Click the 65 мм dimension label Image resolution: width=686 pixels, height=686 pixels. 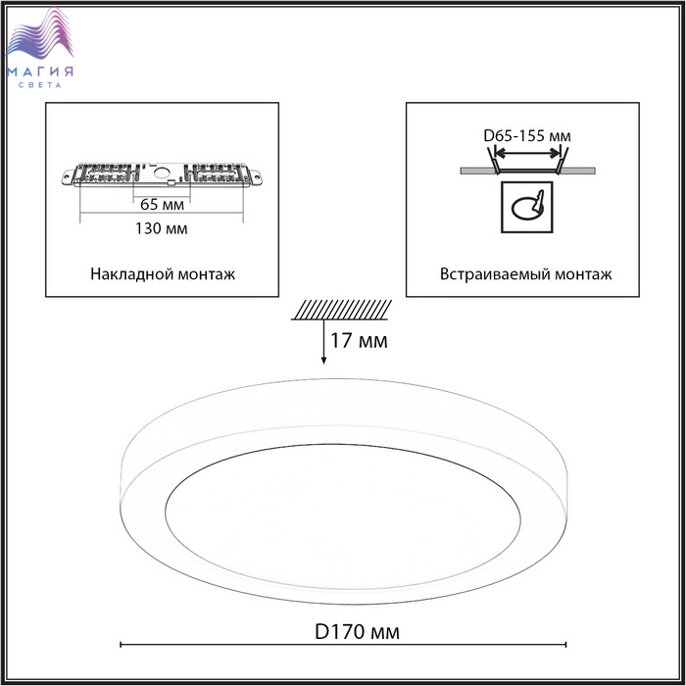click(162, 204)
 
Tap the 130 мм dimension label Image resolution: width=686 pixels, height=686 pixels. click(161, 228)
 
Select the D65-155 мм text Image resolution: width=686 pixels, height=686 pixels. click(527, 136)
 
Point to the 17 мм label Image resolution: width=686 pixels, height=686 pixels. click(359, 341)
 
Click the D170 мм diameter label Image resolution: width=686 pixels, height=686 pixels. click(357, 632)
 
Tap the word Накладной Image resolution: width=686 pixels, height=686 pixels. click(126, 273)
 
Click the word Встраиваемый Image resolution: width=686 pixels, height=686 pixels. click(495, 274)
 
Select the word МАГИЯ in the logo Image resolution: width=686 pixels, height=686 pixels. click(40, 72)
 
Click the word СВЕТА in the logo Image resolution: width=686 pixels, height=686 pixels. click(40, 85)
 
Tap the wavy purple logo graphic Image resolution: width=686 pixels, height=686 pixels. click(39, 35)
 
